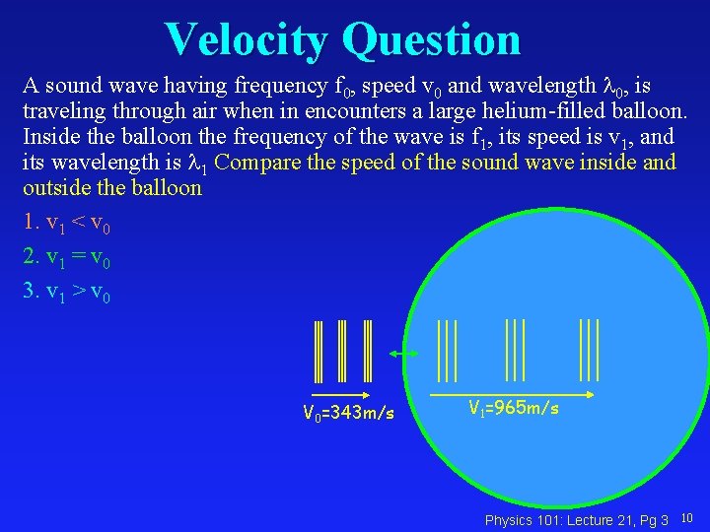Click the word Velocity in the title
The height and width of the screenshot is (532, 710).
coord(247,39)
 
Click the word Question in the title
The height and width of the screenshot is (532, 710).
coord(431,39)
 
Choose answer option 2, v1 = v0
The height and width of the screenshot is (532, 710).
coord(67,258)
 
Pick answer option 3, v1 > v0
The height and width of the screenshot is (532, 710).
coord(67,293)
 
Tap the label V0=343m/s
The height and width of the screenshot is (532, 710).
coord(348,413)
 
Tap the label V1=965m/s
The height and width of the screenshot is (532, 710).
coord(513,407)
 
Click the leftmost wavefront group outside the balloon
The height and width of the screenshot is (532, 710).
coord(319,351)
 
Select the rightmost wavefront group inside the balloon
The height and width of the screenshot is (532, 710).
coord(590,349)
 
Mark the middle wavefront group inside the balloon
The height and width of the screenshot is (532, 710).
coord(515,349)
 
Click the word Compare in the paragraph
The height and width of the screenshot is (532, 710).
coord(256,161)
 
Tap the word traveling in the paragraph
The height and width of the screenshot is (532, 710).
coord(63,109)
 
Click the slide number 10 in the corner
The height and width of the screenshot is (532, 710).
coord(687,518)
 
